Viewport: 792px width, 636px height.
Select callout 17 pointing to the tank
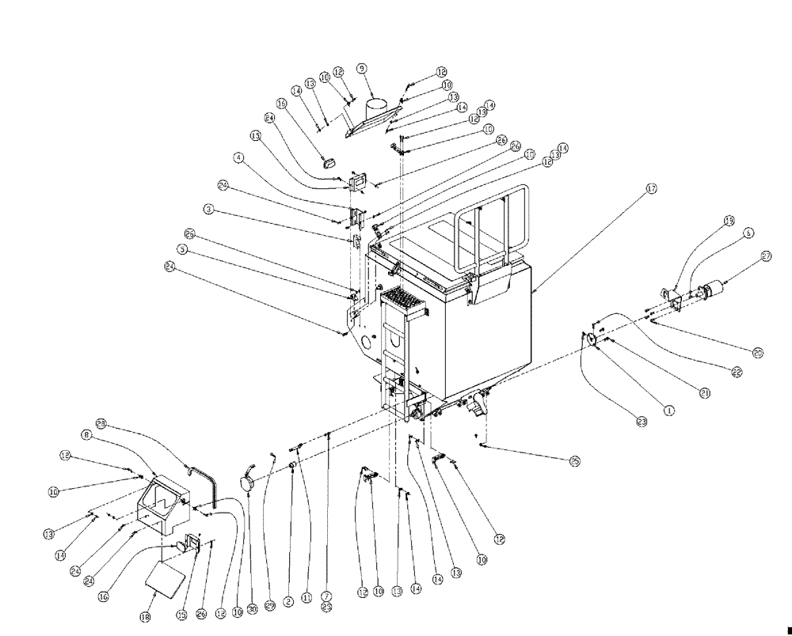pos(651,189)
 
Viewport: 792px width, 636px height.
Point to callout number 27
pos(766,256)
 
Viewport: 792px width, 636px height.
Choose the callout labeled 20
pos(758,353)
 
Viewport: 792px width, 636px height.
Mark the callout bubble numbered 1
pos(668,411)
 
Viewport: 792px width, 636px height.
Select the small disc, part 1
pos(589,339)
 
